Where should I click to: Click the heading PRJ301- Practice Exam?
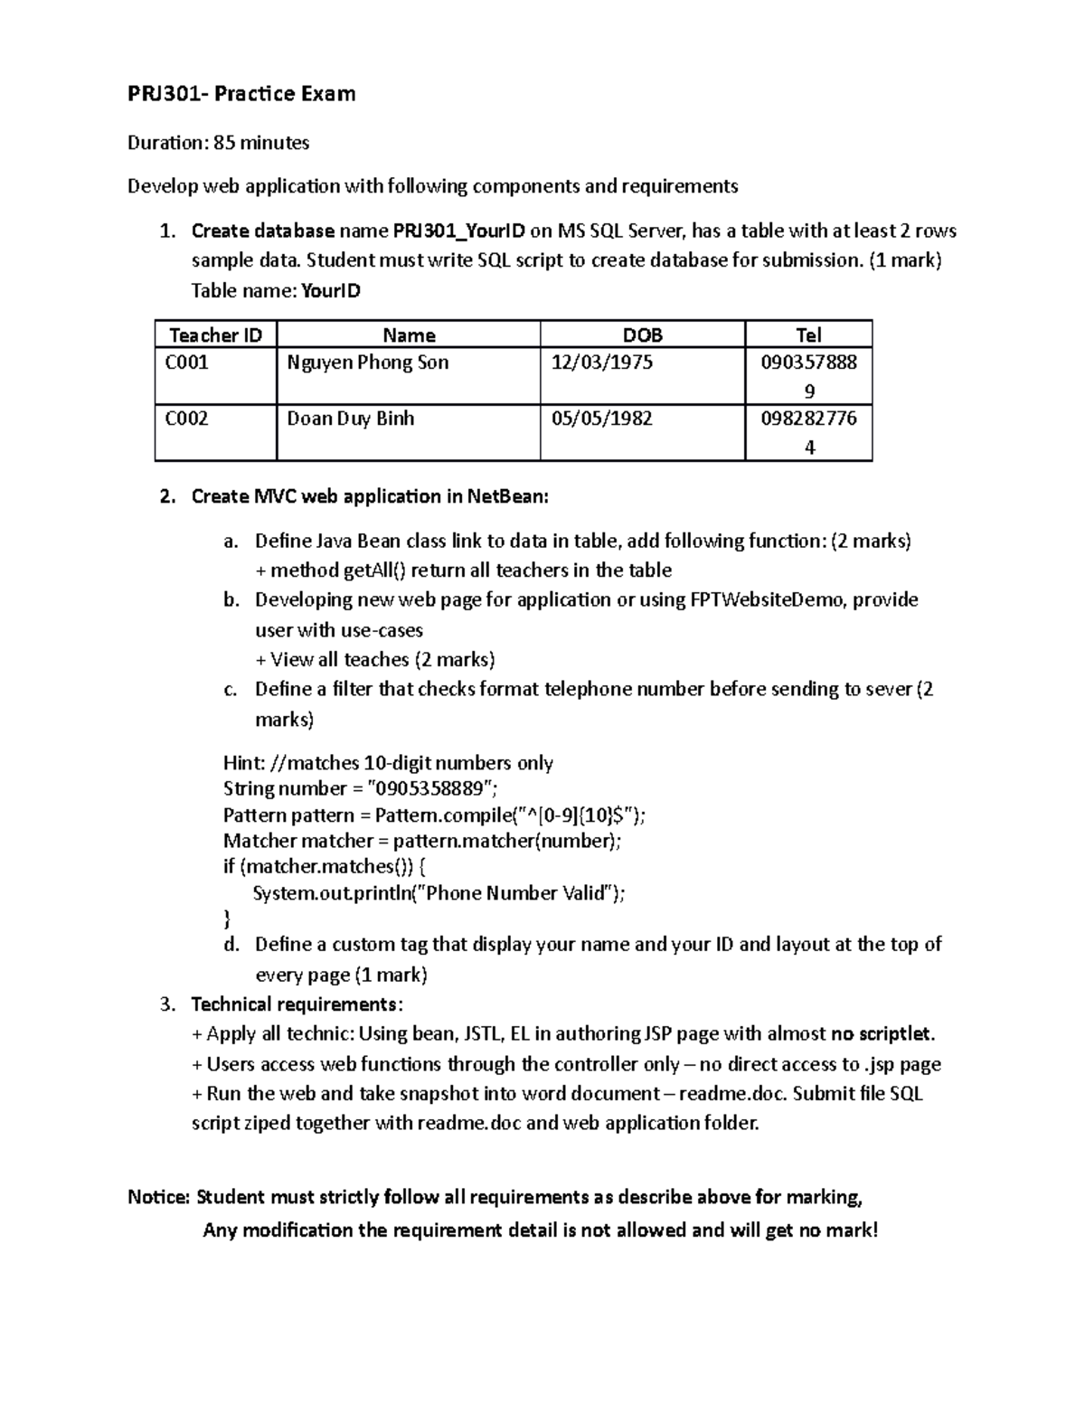coord(241,93)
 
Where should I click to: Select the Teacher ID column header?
coord(215,335)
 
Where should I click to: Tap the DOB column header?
coord(642,335)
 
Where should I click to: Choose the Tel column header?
coord(808,335)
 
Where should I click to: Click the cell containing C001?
coord(187,363)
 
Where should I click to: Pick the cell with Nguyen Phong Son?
coord(367,363)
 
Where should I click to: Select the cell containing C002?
coord(187,419)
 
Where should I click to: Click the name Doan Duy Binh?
coord(350,419)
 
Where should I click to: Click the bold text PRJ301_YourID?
coord(458,231)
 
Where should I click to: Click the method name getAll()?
coord(377,570)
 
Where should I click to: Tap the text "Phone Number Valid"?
coord(514,893)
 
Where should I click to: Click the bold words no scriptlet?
coord(882,1033)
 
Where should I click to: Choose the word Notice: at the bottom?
coord(159,1197)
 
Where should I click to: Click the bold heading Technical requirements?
coord(294,1004)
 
